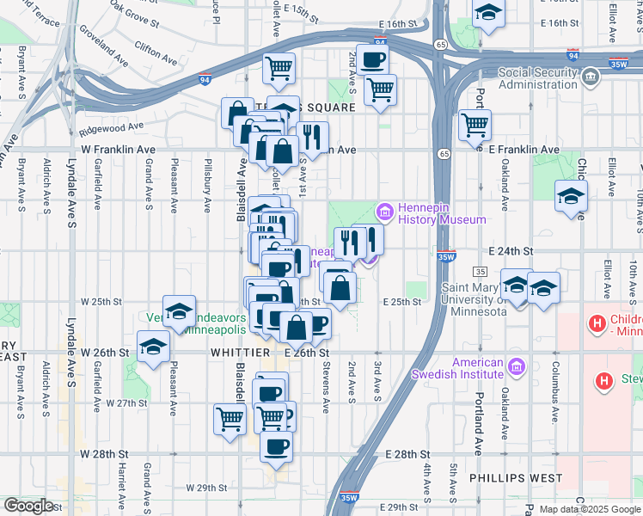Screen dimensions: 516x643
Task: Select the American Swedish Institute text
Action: pos(456,368)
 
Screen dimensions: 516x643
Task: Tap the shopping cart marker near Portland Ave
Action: pos(475,126)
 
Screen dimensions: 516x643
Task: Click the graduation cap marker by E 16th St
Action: pos(488,14)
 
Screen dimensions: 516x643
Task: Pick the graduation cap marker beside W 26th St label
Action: pos(154,347)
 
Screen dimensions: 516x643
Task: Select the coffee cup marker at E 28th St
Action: pos(276,446)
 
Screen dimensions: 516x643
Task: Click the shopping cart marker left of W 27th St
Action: pos(230,420)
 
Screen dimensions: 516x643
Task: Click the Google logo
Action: pos(28,506)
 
